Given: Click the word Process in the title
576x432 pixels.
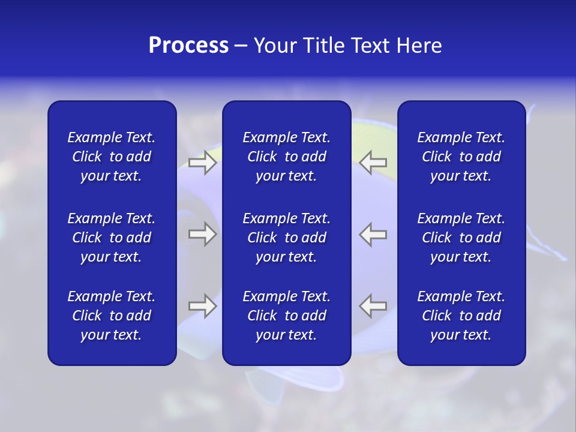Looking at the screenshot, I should tap(188, 46).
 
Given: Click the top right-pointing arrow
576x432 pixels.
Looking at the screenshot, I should tap(202, 162).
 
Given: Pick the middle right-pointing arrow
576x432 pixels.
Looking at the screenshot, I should tap(202, 234).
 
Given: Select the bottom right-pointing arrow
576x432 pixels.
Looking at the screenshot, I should tap(202, 306).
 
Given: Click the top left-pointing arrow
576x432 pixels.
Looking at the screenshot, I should tap(373, 162).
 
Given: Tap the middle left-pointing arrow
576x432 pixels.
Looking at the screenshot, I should tap(373, 234).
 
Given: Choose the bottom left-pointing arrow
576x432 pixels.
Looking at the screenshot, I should tap(373, 306).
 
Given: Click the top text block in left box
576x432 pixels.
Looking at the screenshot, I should tap(112, 157).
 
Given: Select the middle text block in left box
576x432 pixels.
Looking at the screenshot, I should tap(112, 238).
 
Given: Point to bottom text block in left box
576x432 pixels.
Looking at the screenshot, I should tap(112, 316).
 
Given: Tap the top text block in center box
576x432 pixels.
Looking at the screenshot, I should tap(286, 157).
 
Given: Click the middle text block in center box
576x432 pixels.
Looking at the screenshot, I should tap(286, 238).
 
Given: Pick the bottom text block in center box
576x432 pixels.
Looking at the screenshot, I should tap(286, 316).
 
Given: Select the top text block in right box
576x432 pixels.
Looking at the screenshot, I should tap(461, 157).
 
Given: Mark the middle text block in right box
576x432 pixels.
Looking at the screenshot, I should tap(461, 238).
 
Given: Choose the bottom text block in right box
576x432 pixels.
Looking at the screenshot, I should tap(461, 316).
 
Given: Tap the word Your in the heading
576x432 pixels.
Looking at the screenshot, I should tap(275, 46).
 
